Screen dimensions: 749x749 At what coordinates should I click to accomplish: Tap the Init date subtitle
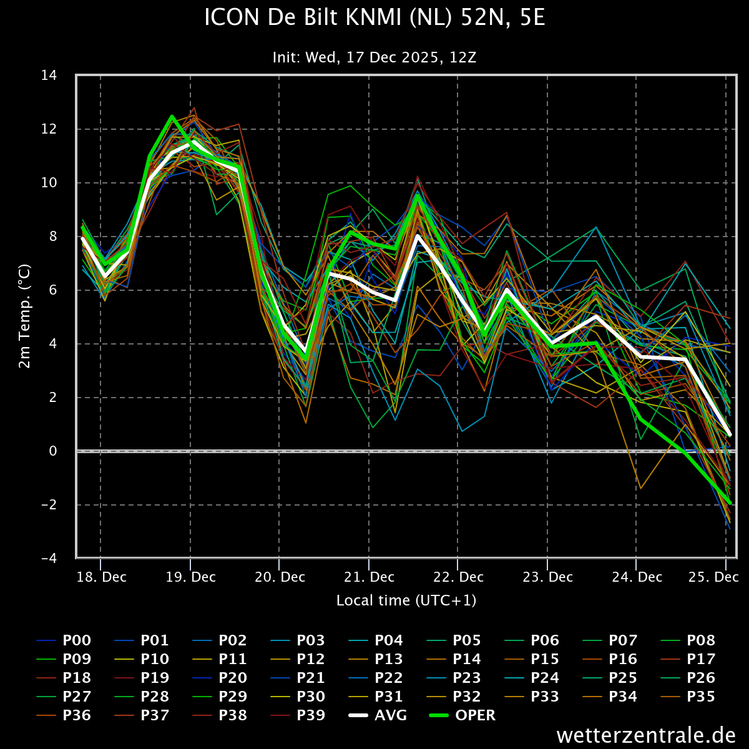tap(374, 57)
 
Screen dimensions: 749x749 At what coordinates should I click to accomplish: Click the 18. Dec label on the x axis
tap(101, 577)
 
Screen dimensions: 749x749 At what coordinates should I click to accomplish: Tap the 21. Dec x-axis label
tap(369, 577)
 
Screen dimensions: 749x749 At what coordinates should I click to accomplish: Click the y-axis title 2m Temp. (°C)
tap(25, 316)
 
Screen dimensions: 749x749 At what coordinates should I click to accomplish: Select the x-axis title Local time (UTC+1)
tap(406, 600)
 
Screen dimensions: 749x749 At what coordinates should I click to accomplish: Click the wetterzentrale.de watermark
tap(646, 735)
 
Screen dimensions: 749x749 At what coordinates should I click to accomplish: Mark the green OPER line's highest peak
tap(172, 116)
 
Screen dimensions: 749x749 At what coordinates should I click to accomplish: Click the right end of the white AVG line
tap(730, 434)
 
